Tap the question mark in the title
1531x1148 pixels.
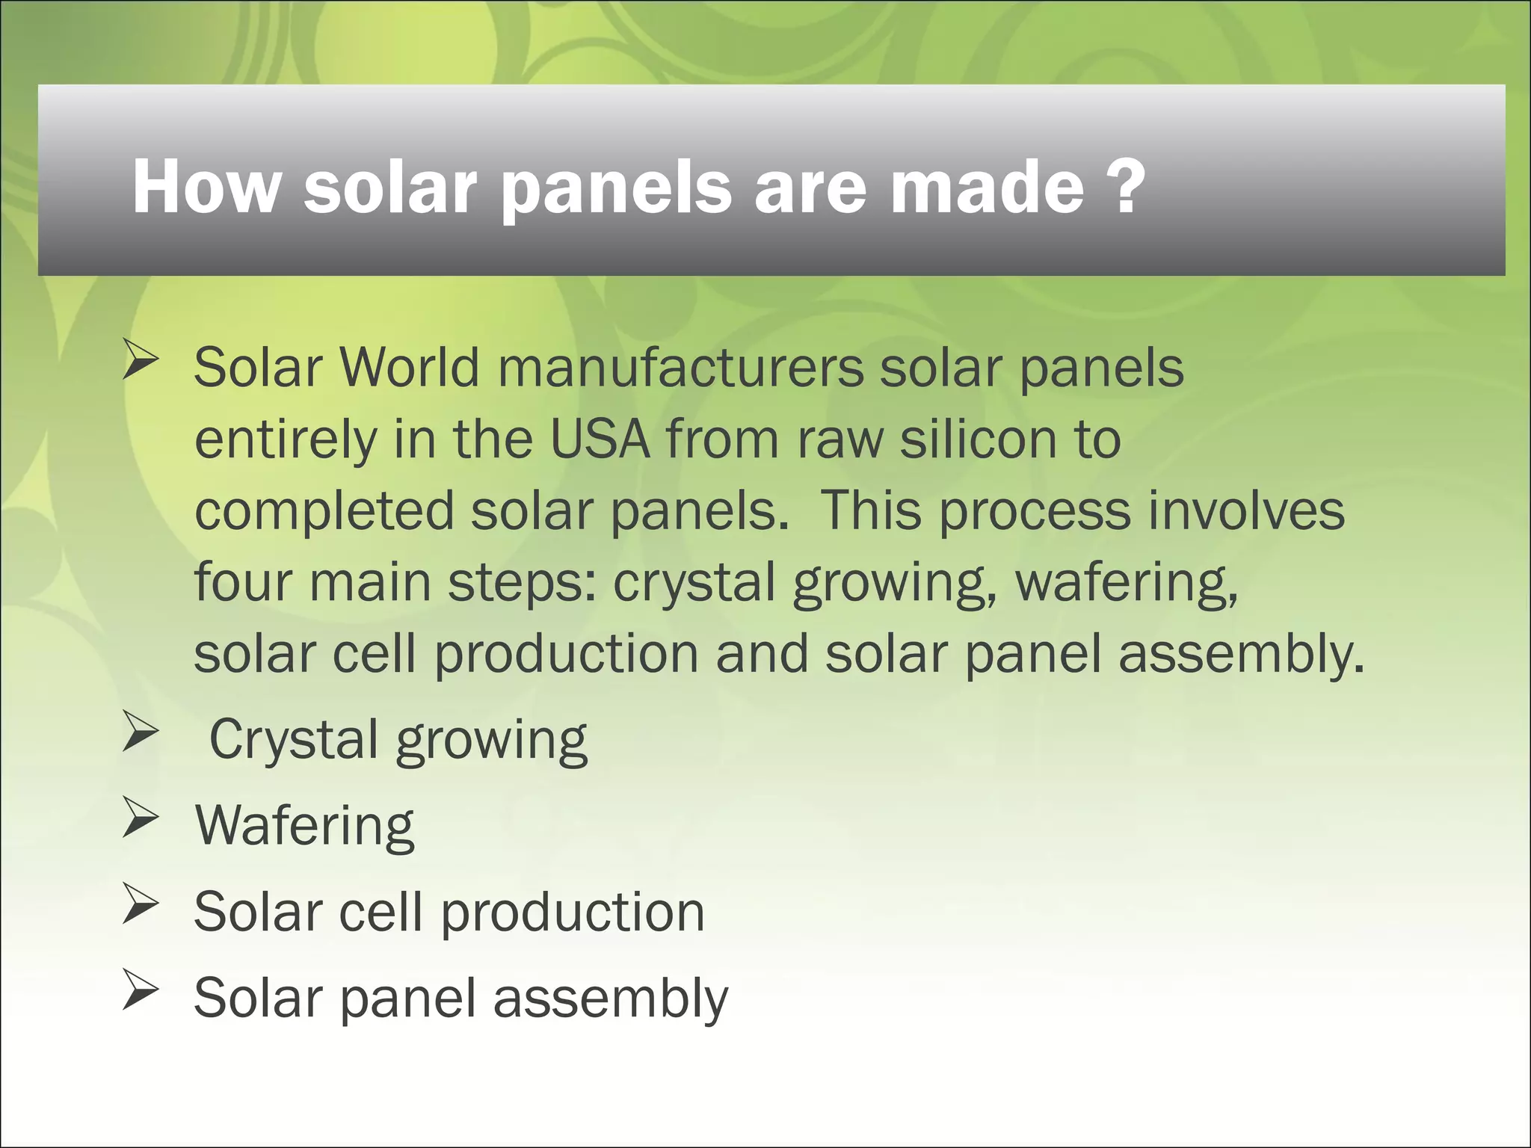pyautogui.click(x=1124, y=187)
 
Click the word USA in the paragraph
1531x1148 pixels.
pyautogui.click(x=600, y=439)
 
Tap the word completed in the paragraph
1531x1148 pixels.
pyautogui.click(x=324, y=512)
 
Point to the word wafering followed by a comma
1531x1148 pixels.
pyautogui.click(x=1126, y=584)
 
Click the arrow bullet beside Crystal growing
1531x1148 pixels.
pyautogui.click(x=141, y=732)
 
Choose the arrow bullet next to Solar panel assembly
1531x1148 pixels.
pyautogui.click(x=141, y=990)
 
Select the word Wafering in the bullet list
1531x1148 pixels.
pyautogui.click(x=304, y=826)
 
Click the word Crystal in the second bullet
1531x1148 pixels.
pyautogui.click(x=294, y=740)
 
